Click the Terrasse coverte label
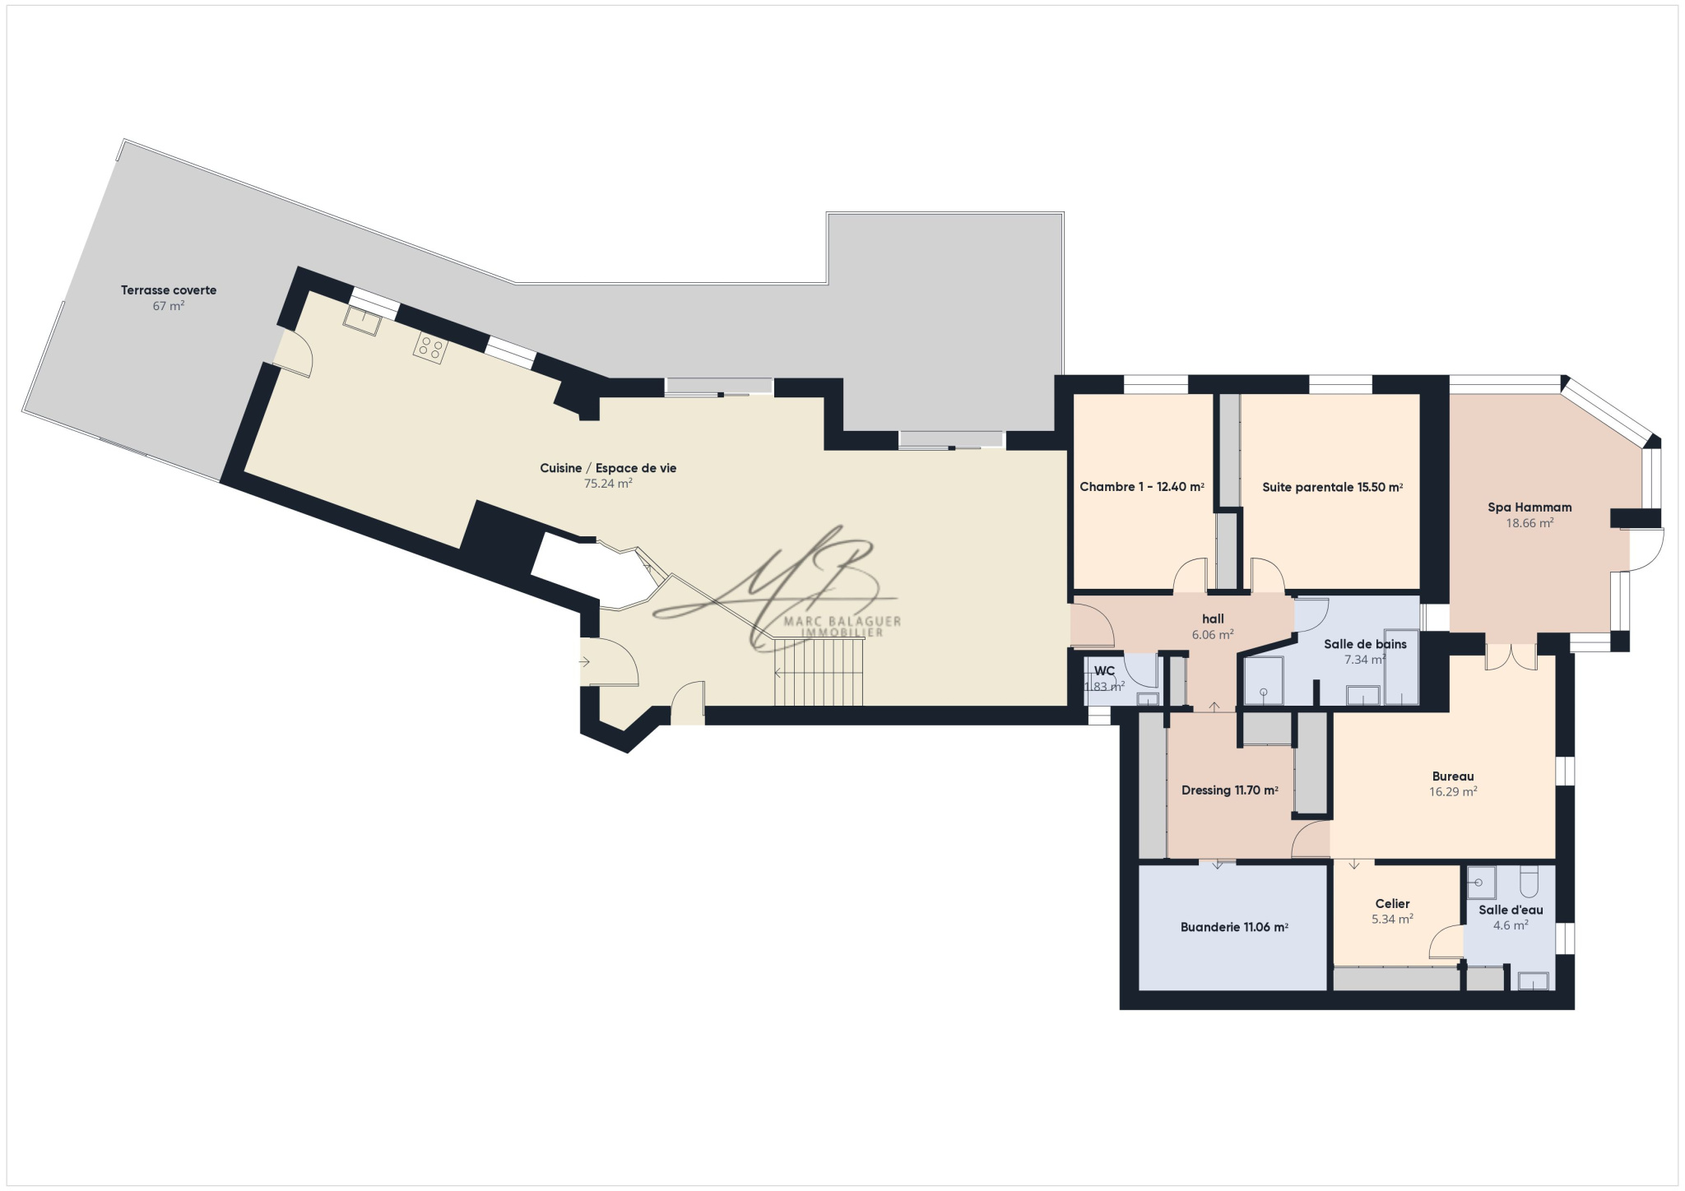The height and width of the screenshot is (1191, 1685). click(x=169, y=290)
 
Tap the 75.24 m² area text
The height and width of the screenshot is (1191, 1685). click(x=608, y=484)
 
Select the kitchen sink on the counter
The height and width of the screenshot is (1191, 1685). click(x=362, y=321)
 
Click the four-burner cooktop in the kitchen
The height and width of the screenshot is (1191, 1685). click(x=429, y=347)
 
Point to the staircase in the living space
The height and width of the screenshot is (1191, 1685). click(x=819, y=674)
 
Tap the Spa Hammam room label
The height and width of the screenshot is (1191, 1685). click(x=1529, y=507)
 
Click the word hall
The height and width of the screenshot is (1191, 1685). click(x=1213, y=619)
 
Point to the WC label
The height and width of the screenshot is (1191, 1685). click(x=1104, y=671)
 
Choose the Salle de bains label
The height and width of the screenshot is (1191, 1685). click(x=1365, y=644)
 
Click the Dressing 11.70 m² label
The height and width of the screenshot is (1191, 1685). click(x=1230, y=790)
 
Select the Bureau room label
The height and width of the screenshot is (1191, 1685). click(x=1453, y=776)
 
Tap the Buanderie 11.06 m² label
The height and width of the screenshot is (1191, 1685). click(x=1234, y=927)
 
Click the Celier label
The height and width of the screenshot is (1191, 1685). click(x=1392, y=903)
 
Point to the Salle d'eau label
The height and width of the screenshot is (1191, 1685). click(x=1511, y=910)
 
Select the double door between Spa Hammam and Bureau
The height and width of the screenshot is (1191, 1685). click(x=1511, y=656)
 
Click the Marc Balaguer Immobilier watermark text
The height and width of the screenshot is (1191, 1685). click(x=842, y=627)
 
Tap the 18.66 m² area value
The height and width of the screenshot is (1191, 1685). click(x=1529, y=523)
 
